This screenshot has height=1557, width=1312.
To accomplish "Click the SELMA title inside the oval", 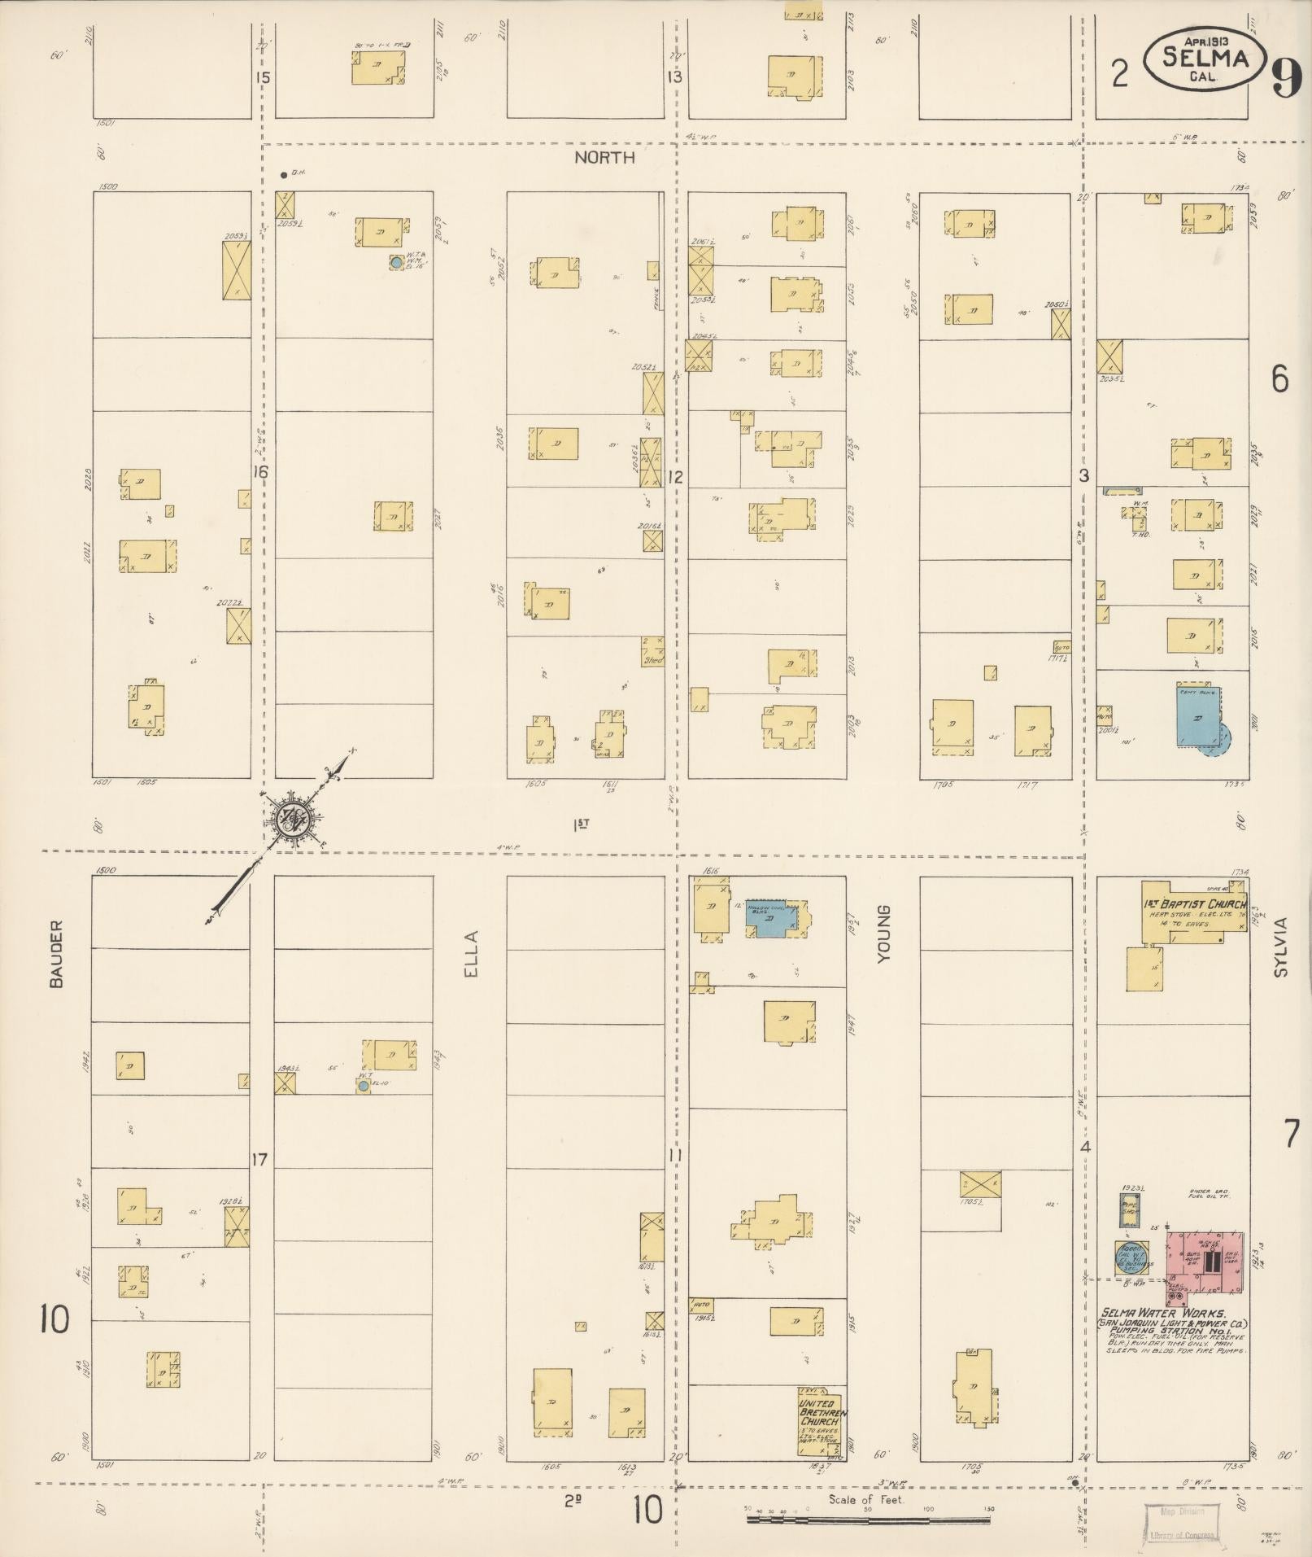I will pyautogui.click(x=1205, y=57).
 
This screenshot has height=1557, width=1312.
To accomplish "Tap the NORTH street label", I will pyautogui.click(x=604, y=158).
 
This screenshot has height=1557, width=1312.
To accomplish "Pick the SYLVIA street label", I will pyautogui.click(x=1282, y=947).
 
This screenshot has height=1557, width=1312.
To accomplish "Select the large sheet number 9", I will pyautogui.click(x=1285, y=79).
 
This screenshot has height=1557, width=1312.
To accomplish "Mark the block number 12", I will pyautogui.click(x=674, y=477).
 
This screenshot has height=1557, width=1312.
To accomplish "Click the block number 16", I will pyautogui.click(x=259, y=472).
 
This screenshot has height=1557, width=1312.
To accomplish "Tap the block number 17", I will pyautogui.click(x=259, y=1159).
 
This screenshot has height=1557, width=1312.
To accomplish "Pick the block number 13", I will pyautogui.click(x=674, y=78).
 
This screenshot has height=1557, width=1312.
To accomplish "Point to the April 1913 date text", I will pyautogui.click(x=1206, y=39).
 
